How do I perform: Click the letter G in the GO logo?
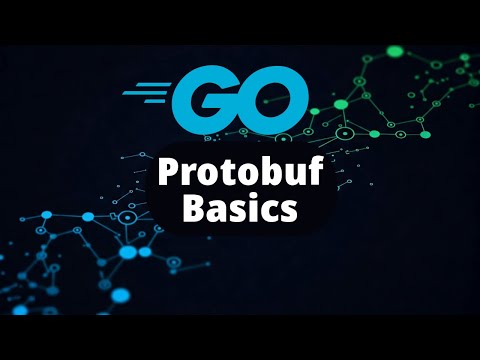[x=206, y=97]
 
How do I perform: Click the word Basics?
[x=240, y=211]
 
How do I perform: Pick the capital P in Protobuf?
[x=168, y=172]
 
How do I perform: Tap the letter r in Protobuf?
[x=188, y=175]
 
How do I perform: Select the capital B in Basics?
[x=196, y=210]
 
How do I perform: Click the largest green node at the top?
[x=394, y=50]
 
